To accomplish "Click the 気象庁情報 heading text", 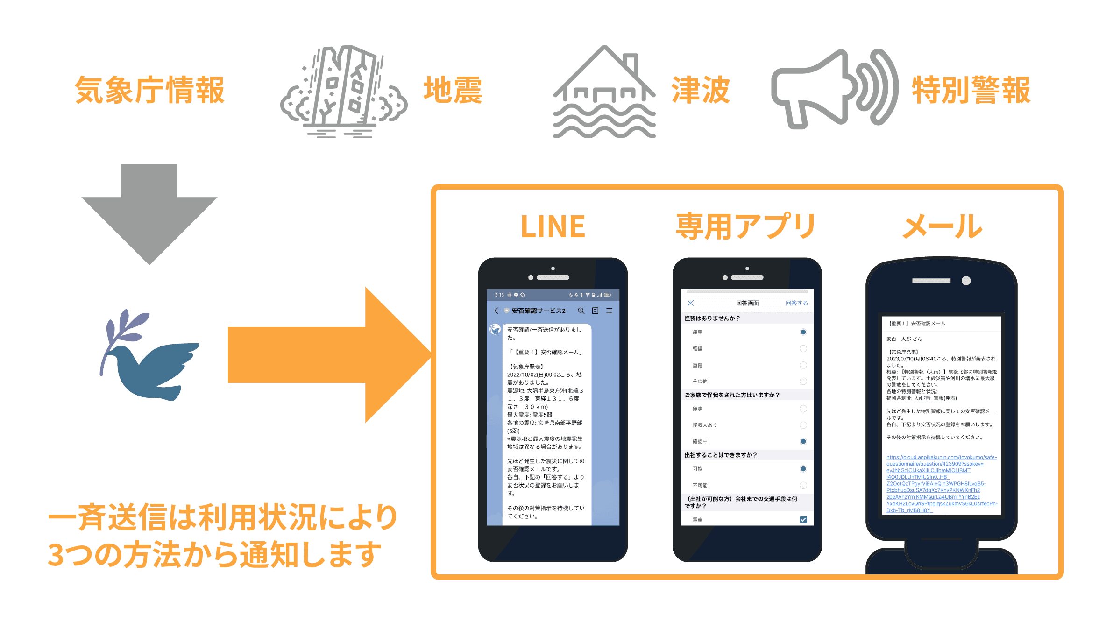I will point(149,90).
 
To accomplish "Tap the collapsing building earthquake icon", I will point(343,92).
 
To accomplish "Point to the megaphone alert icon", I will point(834,89).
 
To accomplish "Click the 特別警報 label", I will point(971,90).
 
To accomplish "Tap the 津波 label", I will point(701,90).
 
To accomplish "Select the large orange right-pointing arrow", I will point(327,355).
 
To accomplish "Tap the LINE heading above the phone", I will point(553,227).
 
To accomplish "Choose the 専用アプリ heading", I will point(745,227).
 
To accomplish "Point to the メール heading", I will point(943,227).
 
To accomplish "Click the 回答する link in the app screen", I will point(796,303).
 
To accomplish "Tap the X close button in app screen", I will point(690,303).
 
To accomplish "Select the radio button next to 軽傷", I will point(803,348).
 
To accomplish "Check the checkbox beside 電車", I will point(803,520).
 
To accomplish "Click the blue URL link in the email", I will point(941,483).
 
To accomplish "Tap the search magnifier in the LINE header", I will point(581,311).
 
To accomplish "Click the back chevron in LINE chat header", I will point(496,311).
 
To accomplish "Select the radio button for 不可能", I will point(803,485).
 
